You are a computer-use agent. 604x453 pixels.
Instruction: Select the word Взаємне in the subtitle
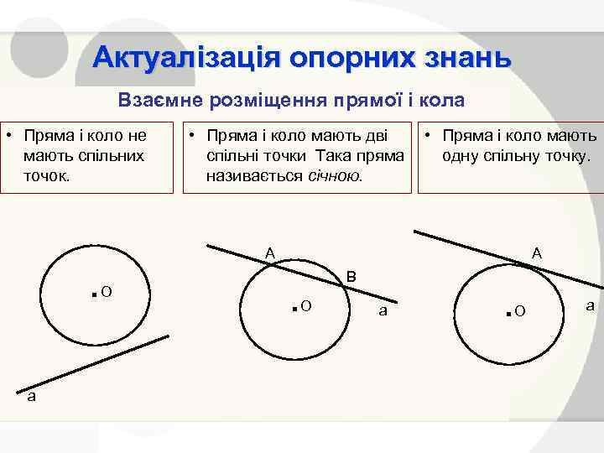pos(164,101)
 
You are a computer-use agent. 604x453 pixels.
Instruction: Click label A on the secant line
pos(270,252)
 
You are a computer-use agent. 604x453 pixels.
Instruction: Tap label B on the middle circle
pos(351,276)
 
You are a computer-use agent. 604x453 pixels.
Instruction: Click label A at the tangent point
pos(536,253)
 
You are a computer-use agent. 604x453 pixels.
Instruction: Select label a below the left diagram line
pos(31,397)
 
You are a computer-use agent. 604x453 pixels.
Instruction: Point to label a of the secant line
pos(383,311)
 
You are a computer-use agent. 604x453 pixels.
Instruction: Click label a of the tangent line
pos(590,306)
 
